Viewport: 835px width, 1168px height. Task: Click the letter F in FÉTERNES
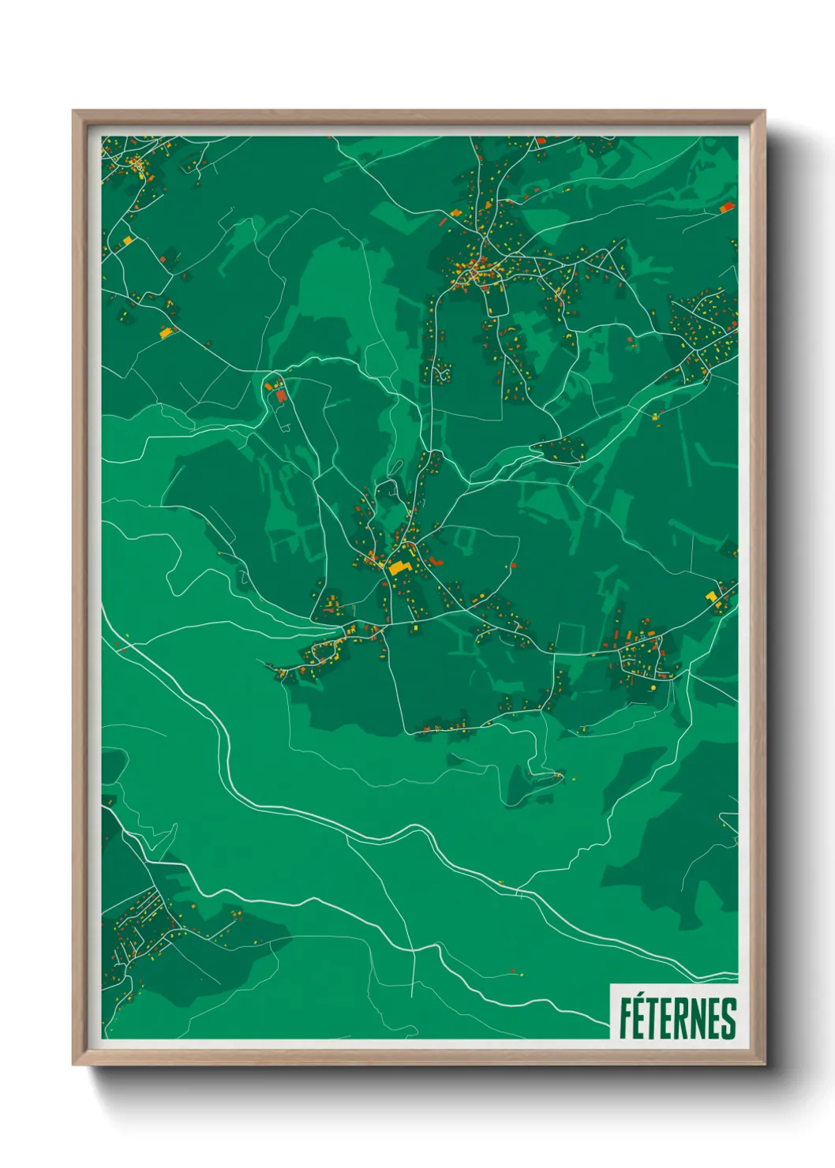click(625, 1019)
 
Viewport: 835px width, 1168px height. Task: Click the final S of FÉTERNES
click(728, 1019)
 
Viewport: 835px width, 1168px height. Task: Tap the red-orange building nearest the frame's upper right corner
click(726, 208)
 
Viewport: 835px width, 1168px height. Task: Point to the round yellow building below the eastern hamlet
click(653, 688)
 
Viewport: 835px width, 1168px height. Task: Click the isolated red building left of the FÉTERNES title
click(514, 970)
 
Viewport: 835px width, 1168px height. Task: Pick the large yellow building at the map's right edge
click(711, 596)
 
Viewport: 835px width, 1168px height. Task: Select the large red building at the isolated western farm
click(280, 395)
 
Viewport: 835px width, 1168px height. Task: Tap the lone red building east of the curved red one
click(513, 564)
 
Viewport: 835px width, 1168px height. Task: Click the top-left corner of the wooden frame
click(73, 111)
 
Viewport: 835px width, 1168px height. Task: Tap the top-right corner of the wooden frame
click(764, 111)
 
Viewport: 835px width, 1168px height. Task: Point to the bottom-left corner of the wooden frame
click(73, 1065)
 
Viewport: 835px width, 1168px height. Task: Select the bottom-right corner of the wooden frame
click(764, 1065)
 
